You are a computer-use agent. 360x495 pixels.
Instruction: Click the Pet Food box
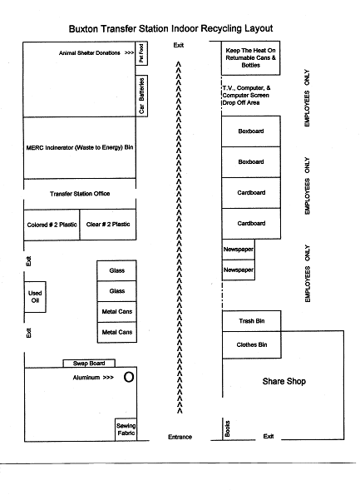point(141,53)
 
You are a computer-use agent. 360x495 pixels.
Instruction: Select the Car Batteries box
point(141,96)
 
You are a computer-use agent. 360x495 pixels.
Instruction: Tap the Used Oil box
point(35,297)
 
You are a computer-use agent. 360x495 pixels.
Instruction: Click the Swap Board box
point(89,364)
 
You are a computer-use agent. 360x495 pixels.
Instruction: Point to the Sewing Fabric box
point(126,429)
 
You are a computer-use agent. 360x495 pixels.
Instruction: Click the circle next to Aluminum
point(129,377)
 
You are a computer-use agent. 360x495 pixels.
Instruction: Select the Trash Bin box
point(251,321)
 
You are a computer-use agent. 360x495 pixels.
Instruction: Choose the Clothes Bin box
point(251,344)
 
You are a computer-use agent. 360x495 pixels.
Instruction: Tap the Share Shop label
point(284,381)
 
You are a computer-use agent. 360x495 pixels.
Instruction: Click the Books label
point(227,428)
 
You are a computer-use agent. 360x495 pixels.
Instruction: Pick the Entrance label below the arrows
point(180,437)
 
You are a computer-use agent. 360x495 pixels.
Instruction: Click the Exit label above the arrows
point(179,45)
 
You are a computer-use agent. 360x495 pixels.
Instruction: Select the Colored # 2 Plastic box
point(52,225)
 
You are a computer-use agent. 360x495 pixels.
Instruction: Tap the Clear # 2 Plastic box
point(108,225)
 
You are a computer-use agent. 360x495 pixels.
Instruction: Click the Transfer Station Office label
point(80,194)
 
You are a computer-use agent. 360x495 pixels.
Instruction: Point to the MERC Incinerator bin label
point(80,147)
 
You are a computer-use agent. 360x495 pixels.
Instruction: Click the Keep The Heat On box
point(250,57)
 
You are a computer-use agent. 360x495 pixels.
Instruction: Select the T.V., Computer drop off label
point(246,95)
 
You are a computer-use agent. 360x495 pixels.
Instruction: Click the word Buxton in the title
point(83,29)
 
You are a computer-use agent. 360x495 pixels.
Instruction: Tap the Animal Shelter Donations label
point(90,53)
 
